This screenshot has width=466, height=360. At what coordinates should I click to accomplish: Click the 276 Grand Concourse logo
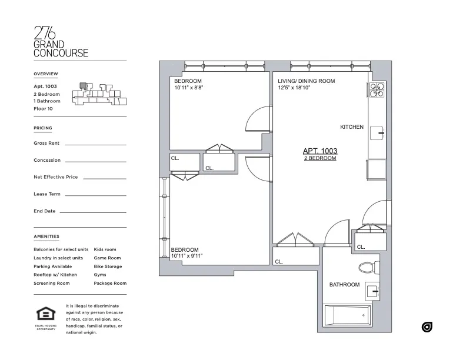[x=61, y=42]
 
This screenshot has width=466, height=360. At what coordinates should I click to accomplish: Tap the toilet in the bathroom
[x=367, y=268]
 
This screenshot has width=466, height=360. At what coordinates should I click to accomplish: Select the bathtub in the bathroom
[x=348, y=315]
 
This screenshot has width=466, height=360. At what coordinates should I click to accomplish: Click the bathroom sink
[x=372, y=289]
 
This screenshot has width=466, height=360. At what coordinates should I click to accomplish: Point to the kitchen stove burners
[x=377, y=90]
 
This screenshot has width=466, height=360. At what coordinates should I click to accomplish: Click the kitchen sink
[x=377, y=133]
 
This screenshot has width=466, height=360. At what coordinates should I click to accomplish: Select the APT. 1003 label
[x=319, y=151]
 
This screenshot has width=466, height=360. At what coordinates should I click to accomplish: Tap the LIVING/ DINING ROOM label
[x=306, y=81]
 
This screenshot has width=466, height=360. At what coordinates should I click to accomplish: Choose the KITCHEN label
[x=352, y=127]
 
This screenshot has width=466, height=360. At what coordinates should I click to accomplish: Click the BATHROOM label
[x=344, y=285]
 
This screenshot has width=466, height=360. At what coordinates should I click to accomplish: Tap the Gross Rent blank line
[x=95, y=144]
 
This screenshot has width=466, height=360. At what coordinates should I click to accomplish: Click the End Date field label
[x=45, y=211]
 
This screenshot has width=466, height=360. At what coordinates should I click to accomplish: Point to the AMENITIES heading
[x=46, y=236]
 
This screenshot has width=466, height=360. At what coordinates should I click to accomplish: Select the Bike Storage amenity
[x=108, y=266]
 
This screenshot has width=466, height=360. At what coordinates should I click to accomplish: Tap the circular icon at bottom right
[x=427, y=327]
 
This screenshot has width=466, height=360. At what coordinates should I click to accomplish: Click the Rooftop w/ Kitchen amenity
[x=55, y=275]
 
